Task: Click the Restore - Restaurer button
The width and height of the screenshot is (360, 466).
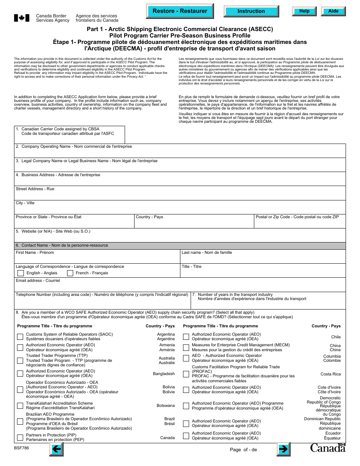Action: click(180, 11)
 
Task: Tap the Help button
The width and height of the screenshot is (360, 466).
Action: click(304, 11)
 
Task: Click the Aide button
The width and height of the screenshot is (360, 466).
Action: click(333, 11)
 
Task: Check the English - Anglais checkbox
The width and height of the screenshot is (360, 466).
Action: click(20, 273)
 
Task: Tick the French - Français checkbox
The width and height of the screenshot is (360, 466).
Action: click(70, 273)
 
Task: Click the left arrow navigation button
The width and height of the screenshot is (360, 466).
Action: click(56, 449)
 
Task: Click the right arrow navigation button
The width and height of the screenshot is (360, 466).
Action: click(283, 449)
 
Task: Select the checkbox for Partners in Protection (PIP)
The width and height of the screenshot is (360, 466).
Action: click(20, 438)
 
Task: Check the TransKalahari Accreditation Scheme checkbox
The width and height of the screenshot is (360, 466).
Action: click(20, 406)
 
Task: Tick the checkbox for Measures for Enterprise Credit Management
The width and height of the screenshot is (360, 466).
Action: click(186, 347)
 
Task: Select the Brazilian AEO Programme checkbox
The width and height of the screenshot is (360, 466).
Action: click(20, 421)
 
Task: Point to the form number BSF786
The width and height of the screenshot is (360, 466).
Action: click(22, 447)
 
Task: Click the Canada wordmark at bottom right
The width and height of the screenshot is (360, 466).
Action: click(328, 448)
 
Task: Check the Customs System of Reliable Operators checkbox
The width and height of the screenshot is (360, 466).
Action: click(20, 336)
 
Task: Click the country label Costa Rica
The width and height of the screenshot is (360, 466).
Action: click(330, 374)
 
